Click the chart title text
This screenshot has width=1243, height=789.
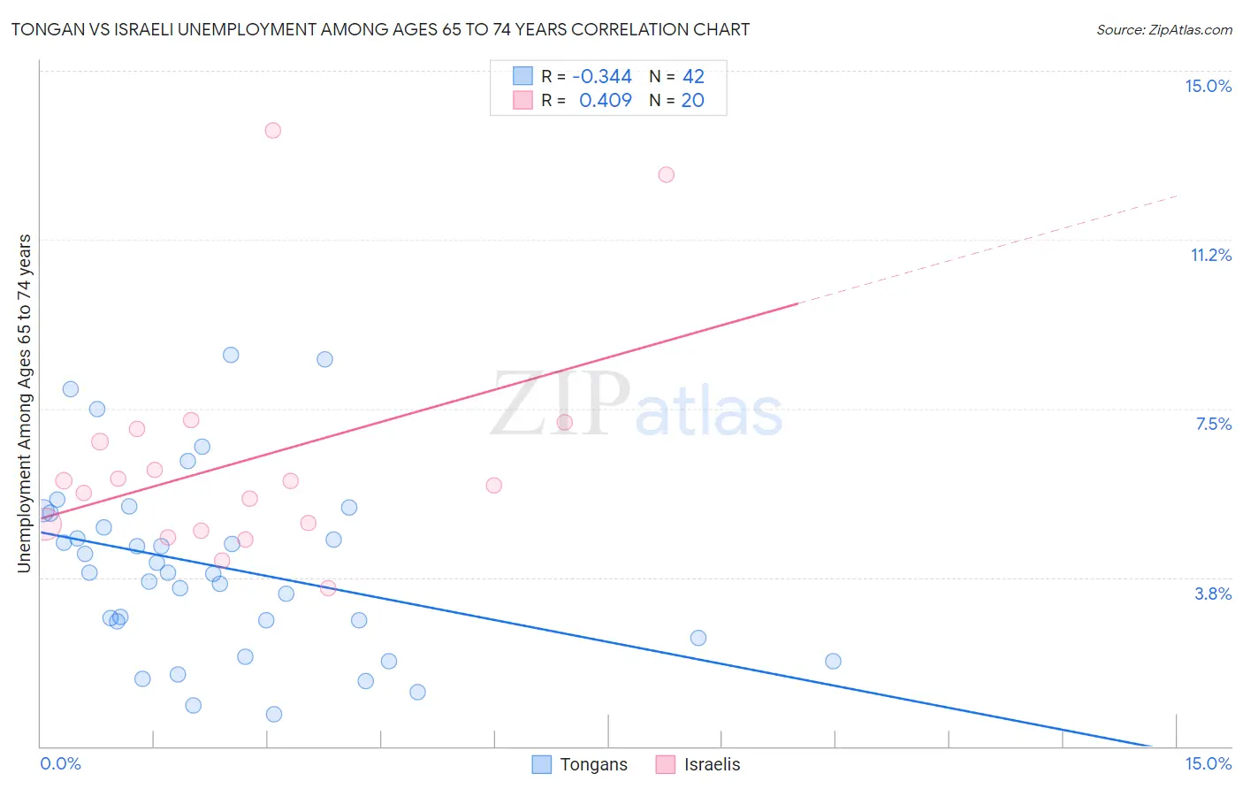click(380, 29)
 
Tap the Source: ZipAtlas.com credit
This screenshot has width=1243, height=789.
click(1163, 29)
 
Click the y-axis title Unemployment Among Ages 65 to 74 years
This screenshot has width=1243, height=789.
click(24, 402)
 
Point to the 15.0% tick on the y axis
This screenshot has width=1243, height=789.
click(1208, 86)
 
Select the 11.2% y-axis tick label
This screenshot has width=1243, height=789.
click(1210, 255)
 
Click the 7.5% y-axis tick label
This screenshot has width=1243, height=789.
click(1213, 424)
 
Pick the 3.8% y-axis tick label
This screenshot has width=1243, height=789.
click(1213, 594)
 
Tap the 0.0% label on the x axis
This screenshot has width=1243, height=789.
click(60, 763)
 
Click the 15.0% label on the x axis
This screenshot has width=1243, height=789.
click(1208, 763)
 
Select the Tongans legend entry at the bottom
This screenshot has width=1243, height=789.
click(580, 764)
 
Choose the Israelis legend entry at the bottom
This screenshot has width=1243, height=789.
click(698, 764)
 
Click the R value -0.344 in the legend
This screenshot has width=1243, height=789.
click(602, 77)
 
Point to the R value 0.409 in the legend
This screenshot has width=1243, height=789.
click(605, 101)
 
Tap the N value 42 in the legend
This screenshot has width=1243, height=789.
click(693, 77)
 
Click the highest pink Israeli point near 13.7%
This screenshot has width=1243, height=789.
click(272, 130)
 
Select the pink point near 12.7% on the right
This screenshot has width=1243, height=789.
click(666, 174)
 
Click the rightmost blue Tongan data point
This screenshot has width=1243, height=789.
click(832, 661)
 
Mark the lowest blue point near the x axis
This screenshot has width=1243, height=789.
click(273, 714)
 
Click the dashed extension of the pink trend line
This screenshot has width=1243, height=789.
click(990, 248)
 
